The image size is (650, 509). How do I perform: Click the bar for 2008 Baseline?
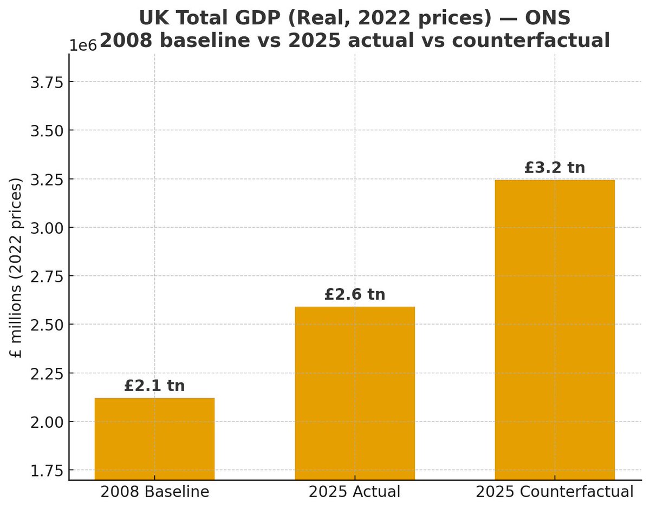click(154, 439)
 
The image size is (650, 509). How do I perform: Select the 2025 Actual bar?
click(355, 393)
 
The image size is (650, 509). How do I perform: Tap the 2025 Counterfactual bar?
click(555, 329)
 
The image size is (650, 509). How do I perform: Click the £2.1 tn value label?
click(154, 386)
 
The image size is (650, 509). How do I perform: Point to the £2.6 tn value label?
click(355, 294)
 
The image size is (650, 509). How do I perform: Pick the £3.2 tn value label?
click(555, 168)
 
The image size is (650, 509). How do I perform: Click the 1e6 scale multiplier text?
click(83, 45)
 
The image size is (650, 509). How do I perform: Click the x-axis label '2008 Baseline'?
click(154, 492)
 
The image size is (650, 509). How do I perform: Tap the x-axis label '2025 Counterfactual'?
click(555, 492)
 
